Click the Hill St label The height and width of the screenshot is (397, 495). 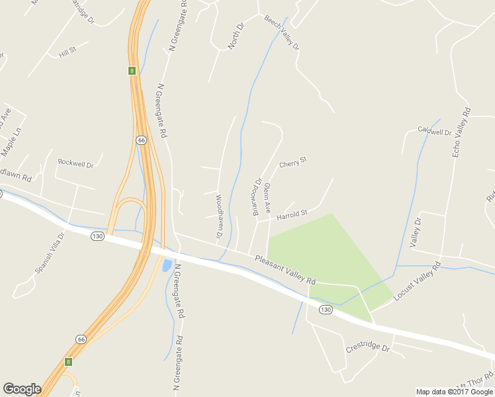(67, 50)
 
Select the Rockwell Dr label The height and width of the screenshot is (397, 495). (75, 162)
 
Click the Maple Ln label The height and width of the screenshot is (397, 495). (12, 141)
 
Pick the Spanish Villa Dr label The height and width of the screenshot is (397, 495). (50, 253)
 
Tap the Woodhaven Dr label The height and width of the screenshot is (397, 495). (218, 216)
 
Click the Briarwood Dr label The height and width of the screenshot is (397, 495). (258, 197)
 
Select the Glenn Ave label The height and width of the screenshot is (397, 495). (267, 198)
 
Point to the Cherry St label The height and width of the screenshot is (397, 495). (294, 161)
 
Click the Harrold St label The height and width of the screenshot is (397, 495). (292, 214)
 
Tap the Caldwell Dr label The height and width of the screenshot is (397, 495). (434, 130)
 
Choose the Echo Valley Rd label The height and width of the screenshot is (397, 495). (461, 132)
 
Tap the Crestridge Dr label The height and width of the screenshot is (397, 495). (368, 348)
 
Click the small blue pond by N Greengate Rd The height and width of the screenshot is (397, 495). (165, 266)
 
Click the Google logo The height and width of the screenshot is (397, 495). (22, 389)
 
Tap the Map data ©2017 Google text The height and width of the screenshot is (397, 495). (455, 392)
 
